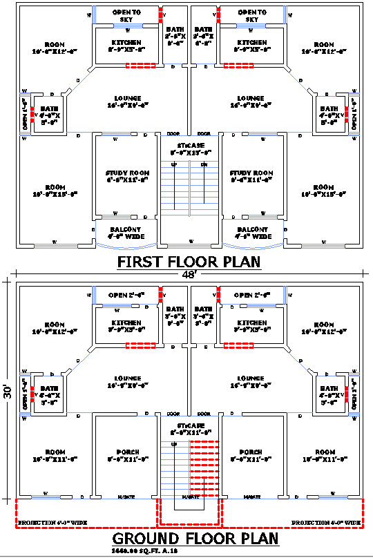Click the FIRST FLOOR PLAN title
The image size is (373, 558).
coord(189,262)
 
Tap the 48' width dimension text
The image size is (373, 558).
coord(189,274)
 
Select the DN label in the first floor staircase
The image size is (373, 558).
coord(203,164)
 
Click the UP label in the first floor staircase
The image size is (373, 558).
coord(173,164)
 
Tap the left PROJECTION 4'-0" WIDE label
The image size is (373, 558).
coord(52,523)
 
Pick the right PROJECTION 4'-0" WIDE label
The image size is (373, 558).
coord(326,523)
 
